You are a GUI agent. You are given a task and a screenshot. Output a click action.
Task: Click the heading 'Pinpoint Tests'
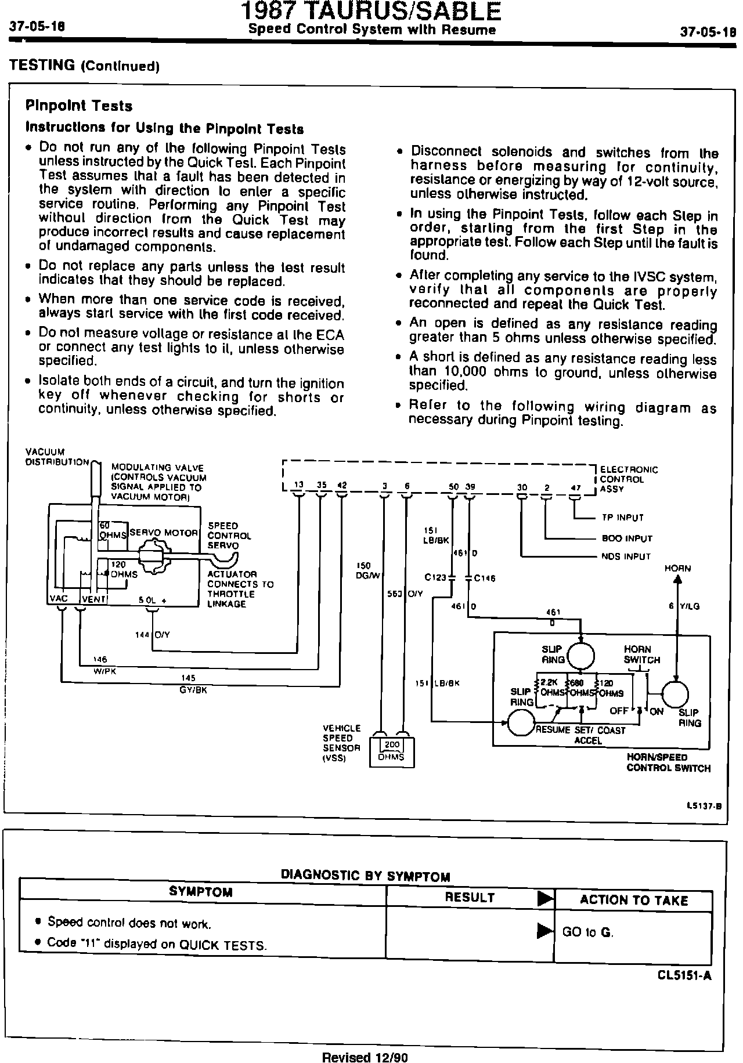pos(79,106)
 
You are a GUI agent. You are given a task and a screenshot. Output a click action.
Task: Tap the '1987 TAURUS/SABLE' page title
pos(371,12)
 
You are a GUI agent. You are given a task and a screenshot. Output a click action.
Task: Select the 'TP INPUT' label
pos(622,518)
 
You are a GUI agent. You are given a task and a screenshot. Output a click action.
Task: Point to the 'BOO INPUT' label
pos(627,538)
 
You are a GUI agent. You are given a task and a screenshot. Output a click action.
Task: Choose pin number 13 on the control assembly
pos(298,486)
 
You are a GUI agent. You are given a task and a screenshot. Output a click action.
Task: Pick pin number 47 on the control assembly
pos(575,488)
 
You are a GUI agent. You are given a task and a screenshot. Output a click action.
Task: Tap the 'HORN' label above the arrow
pos(677,569)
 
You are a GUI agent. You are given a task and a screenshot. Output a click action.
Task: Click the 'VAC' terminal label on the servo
pos(60,599)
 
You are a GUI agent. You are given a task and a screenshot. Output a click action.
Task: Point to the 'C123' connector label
pos(435,578)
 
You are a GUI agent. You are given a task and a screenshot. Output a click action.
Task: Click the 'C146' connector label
pos(486,578)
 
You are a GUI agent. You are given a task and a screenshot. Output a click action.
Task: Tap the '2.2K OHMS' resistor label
pos(551,688)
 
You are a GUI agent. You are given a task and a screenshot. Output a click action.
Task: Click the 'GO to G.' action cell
pos(587,932)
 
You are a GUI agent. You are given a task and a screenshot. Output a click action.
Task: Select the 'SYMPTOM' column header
pos(201,892)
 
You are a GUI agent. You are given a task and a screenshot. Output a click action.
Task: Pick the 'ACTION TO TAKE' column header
pos(634,900)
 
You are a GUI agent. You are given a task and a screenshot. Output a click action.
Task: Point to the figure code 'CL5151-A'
pos(684,975)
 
